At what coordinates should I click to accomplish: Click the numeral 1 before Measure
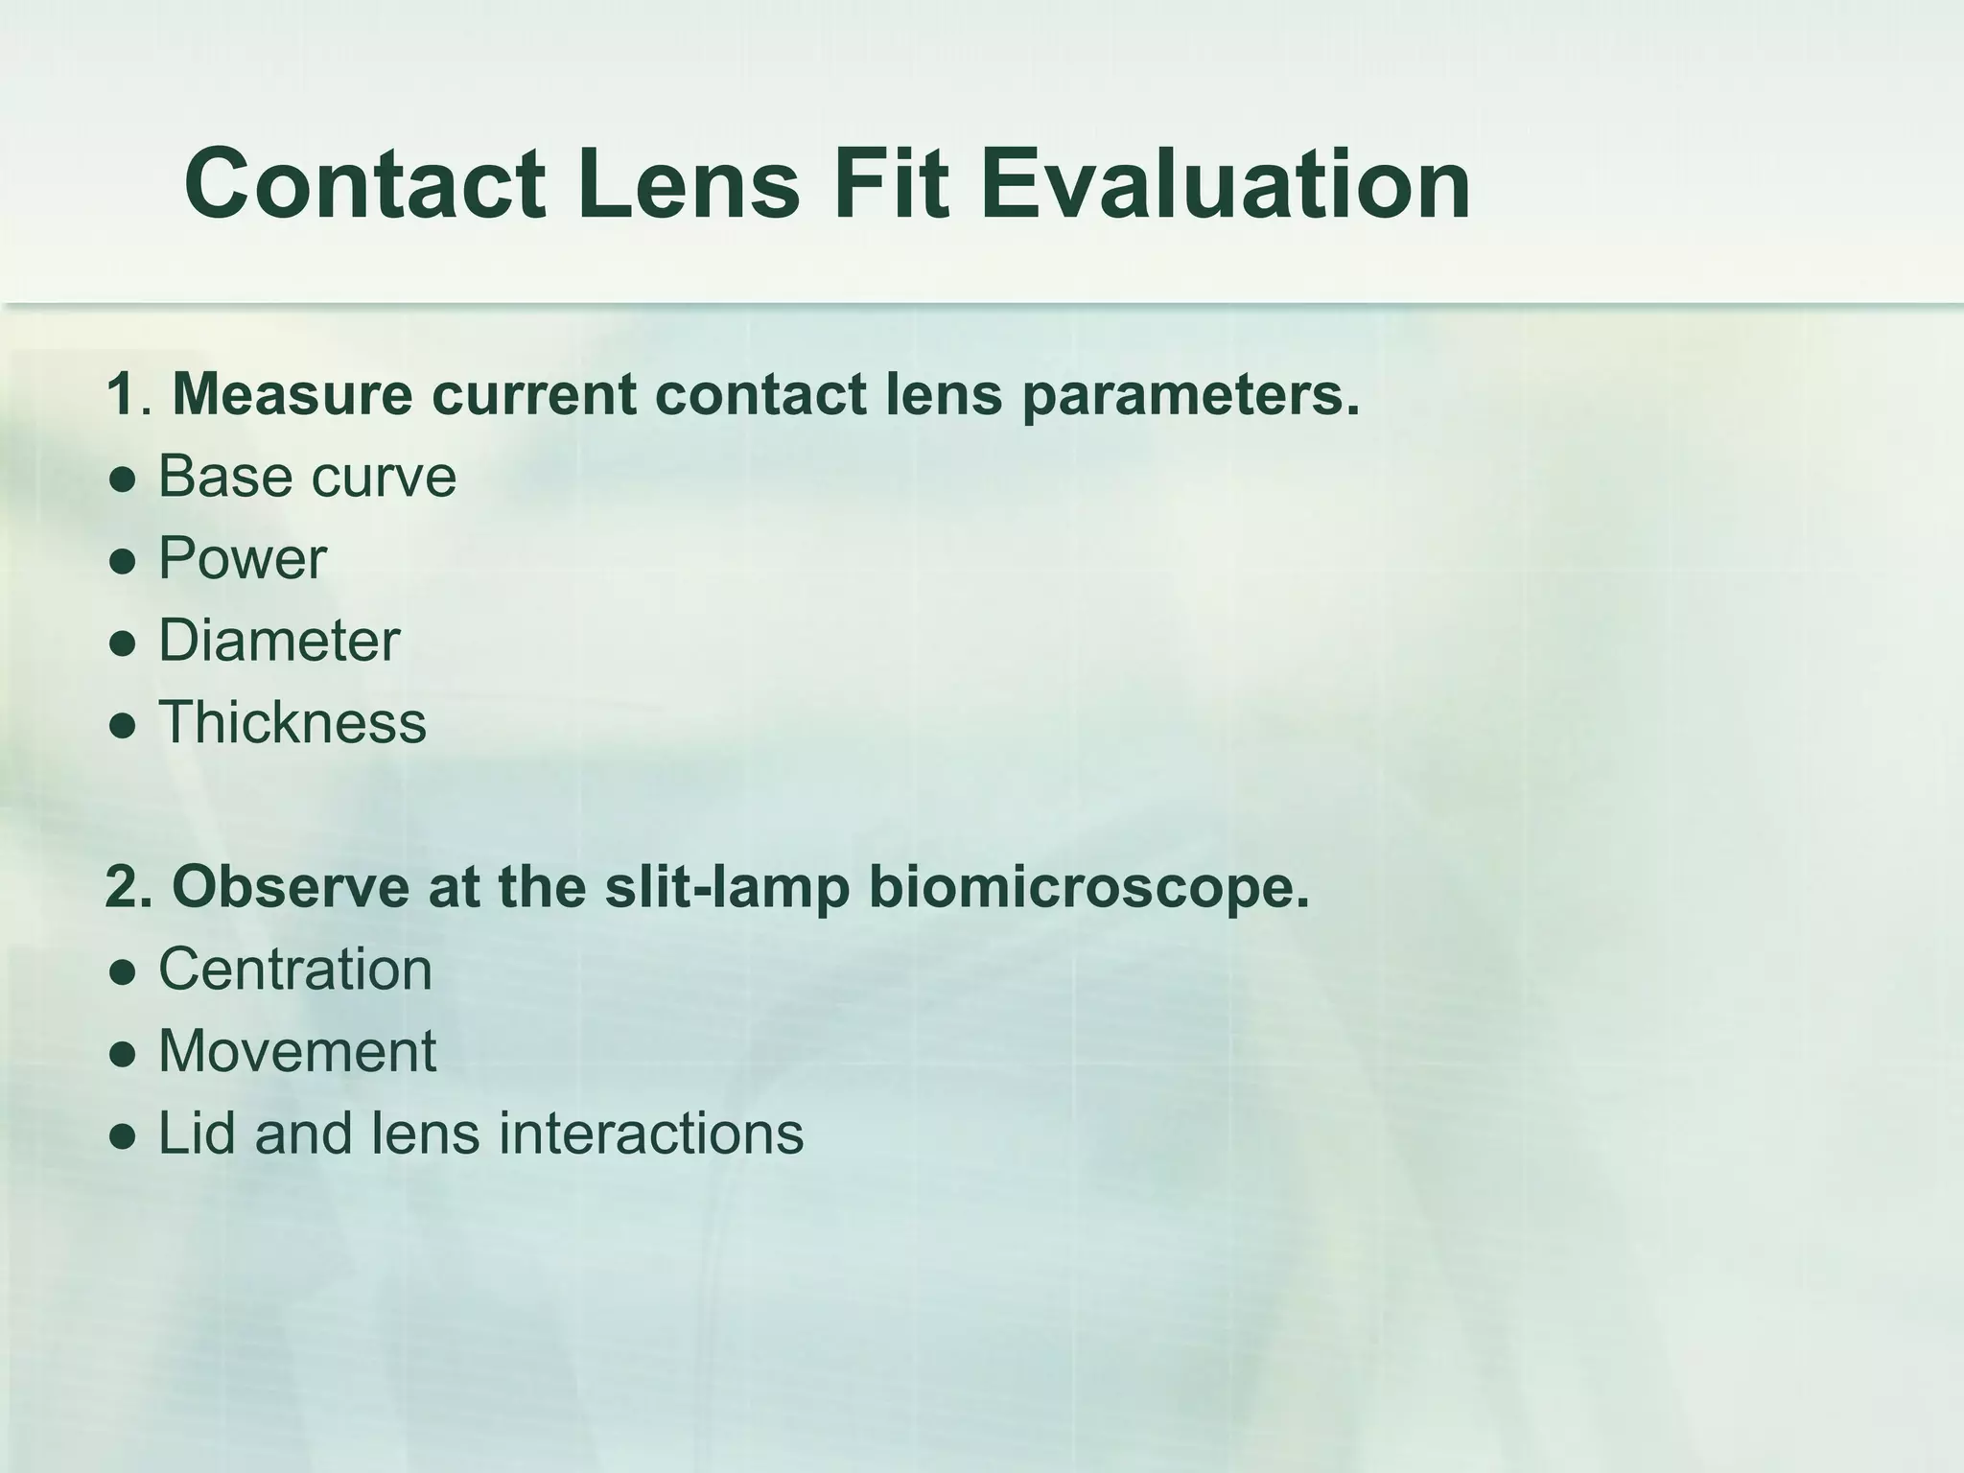tap(121, 394)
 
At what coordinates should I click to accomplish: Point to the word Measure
tap(292, 394)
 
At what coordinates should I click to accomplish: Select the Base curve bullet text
tap(307, 476)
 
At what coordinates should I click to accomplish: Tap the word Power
tap(242, 558)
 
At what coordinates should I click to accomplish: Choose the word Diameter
tap(278, 641)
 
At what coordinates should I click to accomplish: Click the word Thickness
tap(292, 722)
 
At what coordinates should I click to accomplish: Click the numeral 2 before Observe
tap(123, 887)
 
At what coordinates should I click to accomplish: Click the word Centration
tap(294, 969)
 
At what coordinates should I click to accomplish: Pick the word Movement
tap(297, 1051)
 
